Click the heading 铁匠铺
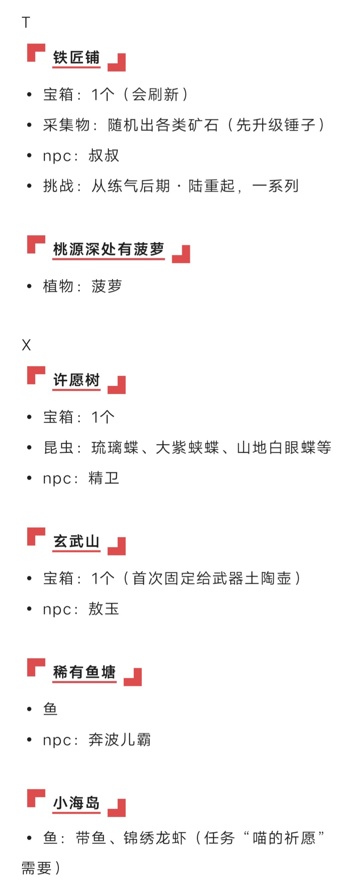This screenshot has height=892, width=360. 76,58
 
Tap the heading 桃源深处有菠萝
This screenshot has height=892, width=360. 108,249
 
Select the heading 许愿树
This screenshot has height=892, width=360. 76,380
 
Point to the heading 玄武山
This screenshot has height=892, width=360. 76,541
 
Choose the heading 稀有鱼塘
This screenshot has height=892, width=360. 84,672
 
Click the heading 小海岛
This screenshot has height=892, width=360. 76,803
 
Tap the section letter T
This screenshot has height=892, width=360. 26,22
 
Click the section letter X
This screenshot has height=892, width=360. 26,345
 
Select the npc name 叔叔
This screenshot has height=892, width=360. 104,155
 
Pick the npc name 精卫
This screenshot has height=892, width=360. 104,478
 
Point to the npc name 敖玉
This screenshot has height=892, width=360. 104,608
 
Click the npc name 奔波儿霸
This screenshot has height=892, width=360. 120,739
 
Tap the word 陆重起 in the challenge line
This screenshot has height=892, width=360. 212,186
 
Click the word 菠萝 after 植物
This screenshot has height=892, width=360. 107,286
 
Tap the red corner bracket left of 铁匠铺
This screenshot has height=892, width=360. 36,53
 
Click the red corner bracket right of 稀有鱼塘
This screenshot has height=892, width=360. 133,677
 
